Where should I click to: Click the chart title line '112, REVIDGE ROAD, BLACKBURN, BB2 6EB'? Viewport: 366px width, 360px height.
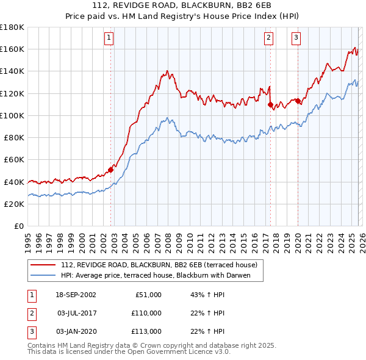point(182,6)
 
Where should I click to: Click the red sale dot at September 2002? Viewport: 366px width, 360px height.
point(111,170)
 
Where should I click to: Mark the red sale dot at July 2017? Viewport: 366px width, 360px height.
point(270,104)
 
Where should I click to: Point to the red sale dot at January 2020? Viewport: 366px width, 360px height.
point(298,101)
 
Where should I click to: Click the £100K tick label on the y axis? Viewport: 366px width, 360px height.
point(12,115)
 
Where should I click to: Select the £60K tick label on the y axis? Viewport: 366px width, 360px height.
point(14,159)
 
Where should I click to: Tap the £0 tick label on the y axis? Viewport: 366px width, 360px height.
point(18,226)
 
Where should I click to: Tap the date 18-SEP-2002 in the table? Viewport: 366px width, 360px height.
point(76,295)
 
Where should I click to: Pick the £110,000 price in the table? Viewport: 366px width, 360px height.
point(147,313)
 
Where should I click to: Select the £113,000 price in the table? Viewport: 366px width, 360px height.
point(147,331)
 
